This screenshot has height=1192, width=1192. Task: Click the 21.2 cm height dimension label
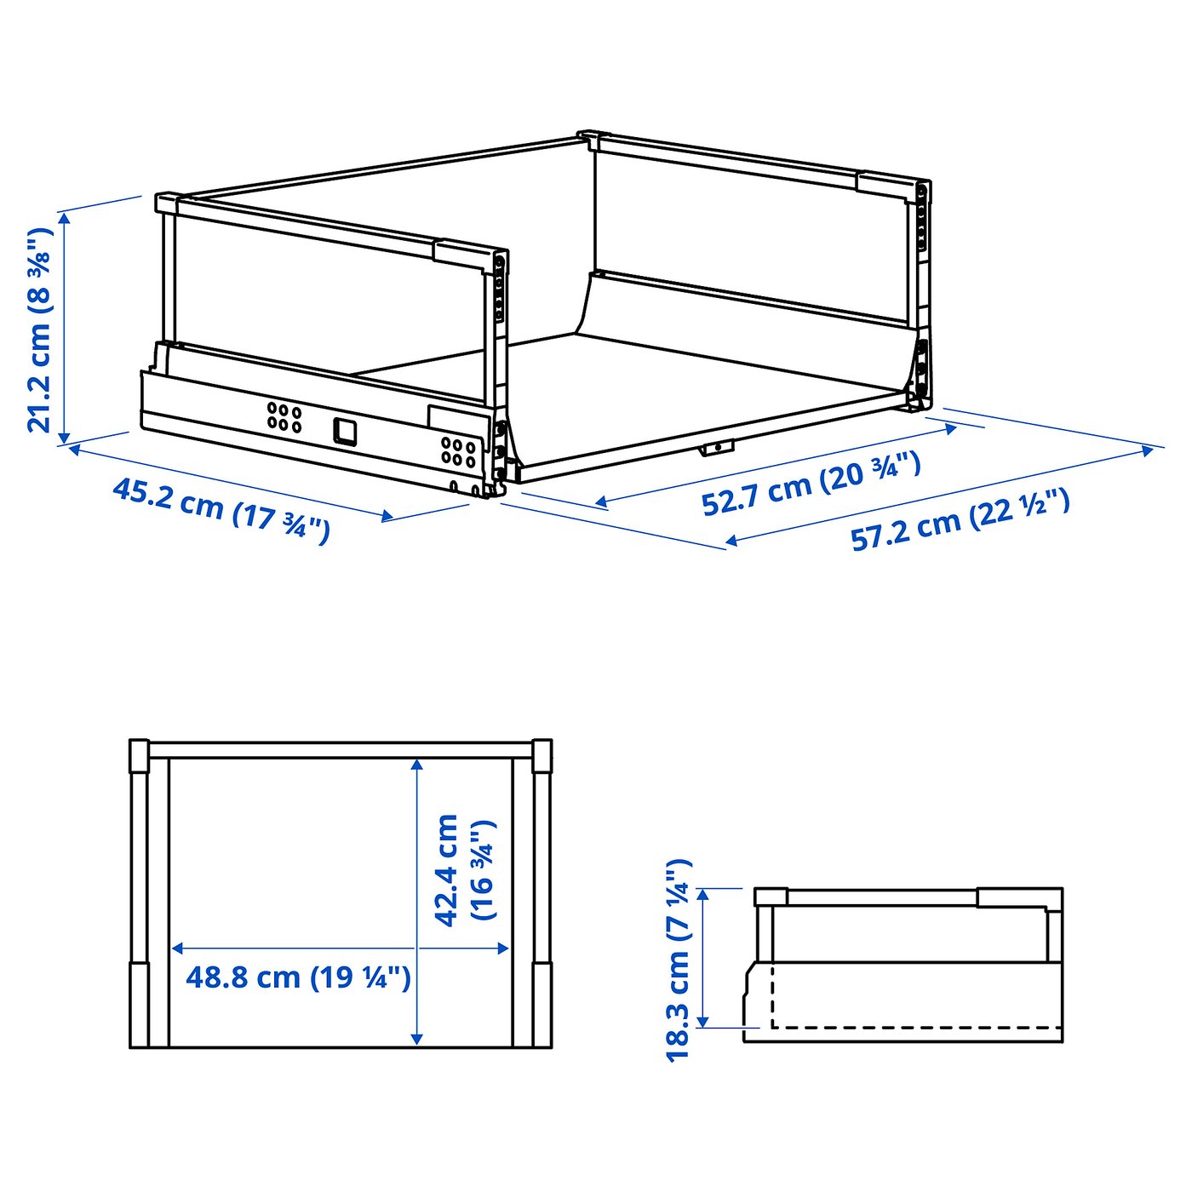coord(39,330)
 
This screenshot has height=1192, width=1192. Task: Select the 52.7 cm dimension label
coord(811,484)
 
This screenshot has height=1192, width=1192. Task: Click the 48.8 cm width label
coord(298,977)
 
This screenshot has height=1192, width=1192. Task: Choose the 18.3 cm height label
coord(679,960)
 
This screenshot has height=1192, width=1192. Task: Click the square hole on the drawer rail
coord(345,432)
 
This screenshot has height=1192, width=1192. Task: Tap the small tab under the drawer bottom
coord(717,447)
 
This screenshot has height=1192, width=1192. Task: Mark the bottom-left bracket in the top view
coord(139,1005)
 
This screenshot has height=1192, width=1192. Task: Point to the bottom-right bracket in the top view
coord(542,1005)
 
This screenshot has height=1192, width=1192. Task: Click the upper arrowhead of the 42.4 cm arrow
coord(416,765)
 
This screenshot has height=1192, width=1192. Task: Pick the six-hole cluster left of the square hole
coord(284,416)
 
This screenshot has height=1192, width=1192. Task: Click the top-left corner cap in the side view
coord(771,897)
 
